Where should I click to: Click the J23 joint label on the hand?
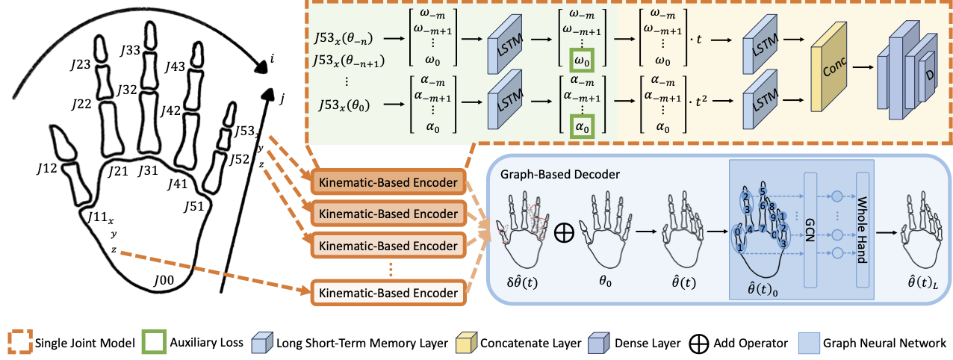[x=82, y=64]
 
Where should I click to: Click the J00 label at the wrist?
[x=164, y=281]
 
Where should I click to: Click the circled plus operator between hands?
[x=564, y=233]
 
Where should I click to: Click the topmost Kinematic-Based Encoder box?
[x=388, y=182]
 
